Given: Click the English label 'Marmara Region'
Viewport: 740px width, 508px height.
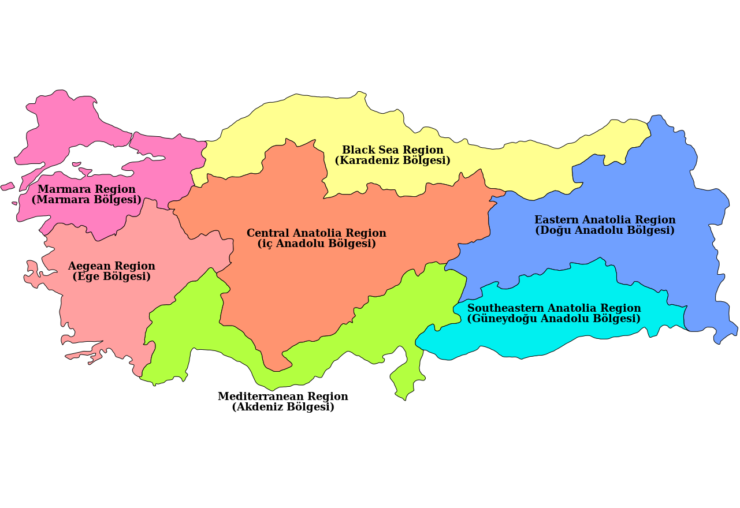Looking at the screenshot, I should (87, 189).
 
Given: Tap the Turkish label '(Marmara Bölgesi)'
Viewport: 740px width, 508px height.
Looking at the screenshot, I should (87, 200).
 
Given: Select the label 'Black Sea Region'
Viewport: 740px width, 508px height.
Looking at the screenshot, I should (393, 150).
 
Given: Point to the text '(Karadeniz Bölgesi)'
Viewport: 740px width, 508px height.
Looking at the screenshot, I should (393, 160).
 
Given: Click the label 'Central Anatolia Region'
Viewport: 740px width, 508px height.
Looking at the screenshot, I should (317, 233).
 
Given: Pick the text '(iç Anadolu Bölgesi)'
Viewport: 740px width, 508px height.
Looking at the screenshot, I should (317, 244).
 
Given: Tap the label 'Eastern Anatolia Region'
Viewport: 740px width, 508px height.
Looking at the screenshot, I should (605, 220).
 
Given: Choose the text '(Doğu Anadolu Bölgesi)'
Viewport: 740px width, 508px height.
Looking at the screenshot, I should (605, 230).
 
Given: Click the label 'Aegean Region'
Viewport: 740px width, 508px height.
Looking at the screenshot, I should (111, 266).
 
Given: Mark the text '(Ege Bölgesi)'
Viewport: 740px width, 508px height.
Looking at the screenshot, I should (111, 277).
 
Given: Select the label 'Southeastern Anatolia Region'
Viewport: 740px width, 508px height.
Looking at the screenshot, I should (554, 308).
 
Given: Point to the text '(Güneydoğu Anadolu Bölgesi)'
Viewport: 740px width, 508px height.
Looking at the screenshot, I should (554, 319).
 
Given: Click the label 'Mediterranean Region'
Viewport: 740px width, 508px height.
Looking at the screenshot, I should (283, 397).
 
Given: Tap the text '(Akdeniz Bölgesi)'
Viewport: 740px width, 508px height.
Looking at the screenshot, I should (283, 407).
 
